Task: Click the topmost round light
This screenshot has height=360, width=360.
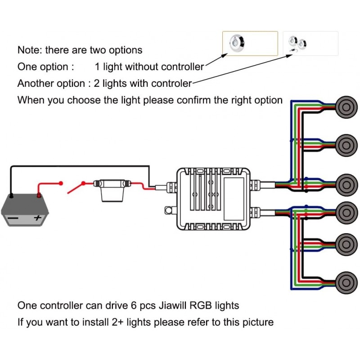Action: [346, 107]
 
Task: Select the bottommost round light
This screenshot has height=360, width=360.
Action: [346, 283]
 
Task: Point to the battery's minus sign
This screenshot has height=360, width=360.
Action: [14, 218]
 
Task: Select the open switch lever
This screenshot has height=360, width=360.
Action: [76, 187]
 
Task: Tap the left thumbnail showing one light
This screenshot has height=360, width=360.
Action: [250, 43]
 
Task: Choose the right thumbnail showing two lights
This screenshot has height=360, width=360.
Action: [310, 43]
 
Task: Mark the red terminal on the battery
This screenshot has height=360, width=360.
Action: [39, 196]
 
